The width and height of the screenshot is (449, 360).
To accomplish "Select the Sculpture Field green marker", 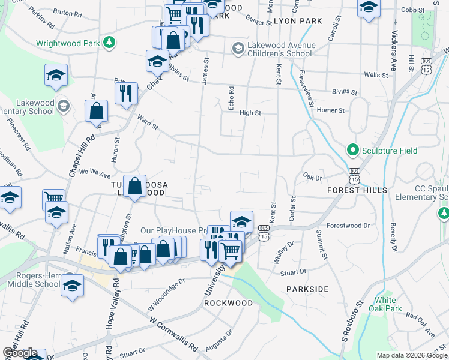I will pyautogui.click(x=352, y=150).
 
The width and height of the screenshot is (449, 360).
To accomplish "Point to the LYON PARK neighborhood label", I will pyautogui.click(x=298, y=21).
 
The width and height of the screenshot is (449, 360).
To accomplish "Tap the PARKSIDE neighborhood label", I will pyautogui.click(x=307, y=289).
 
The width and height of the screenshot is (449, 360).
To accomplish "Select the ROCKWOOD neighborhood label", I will pyautogui.click(x=228, y=303).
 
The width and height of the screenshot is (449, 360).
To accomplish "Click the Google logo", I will pyautogui.click(x=20, y=353).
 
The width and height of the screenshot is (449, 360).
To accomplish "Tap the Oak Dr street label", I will pyautogui.click(x=313, y=177).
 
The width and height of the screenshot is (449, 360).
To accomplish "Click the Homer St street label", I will pyautogui.click(x=331, y=110).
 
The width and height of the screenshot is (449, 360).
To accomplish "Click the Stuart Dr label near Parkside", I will pyautogui.click(x=293, y=272).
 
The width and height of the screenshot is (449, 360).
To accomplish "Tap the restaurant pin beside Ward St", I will pyautogui.click(x=126, y=94).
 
